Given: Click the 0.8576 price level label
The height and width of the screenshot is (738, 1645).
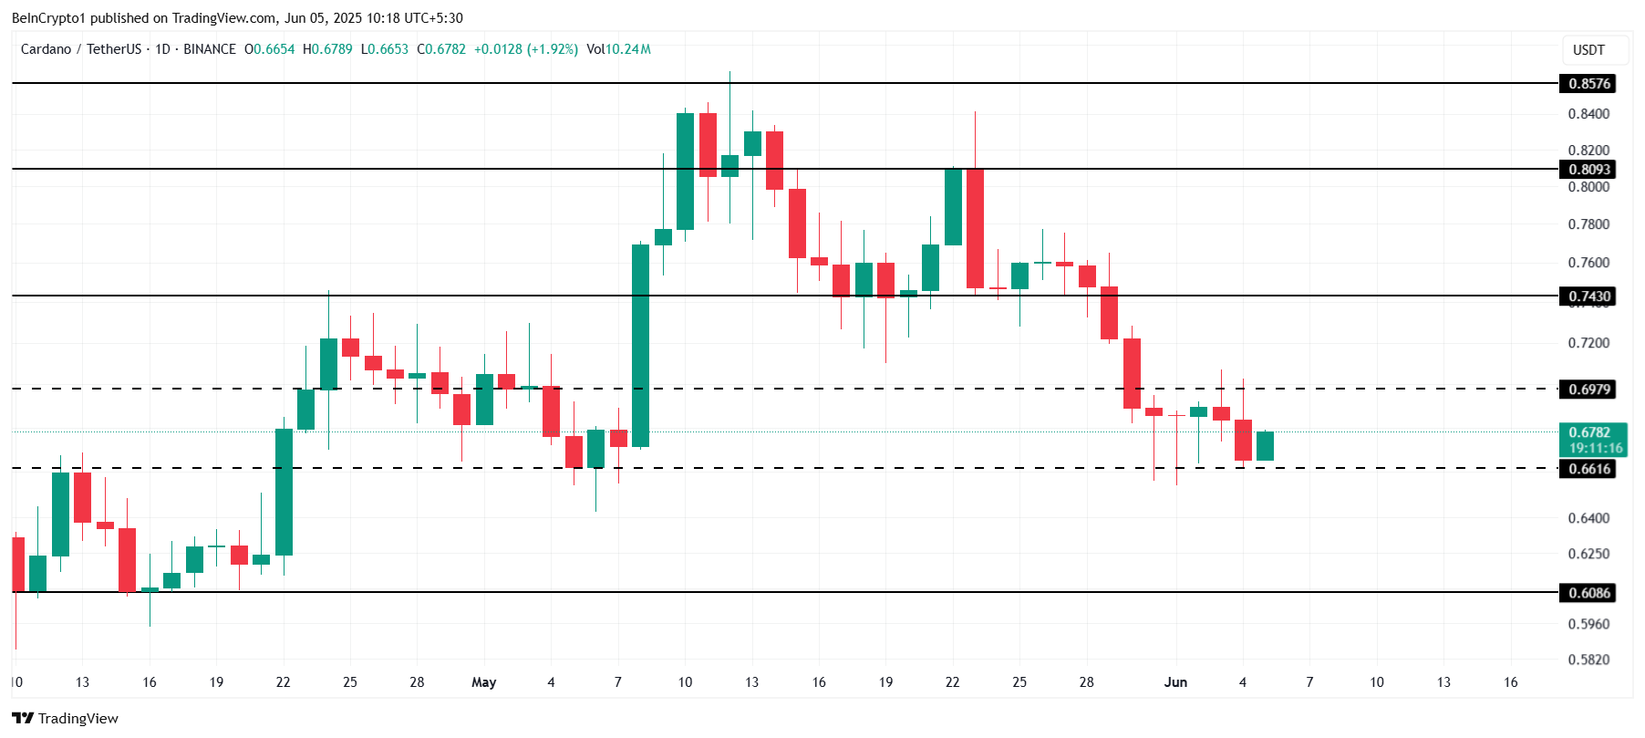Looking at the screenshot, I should [x=1589, y=84].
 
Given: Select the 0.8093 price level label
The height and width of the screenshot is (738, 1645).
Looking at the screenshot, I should [x=1589, y=170].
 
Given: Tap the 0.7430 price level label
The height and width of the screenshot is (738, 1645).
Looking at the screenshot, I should [x=1589, y=296].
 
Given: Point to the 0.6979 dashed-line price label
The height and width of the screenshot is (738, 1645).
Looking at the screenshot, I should [x=1589, y=390].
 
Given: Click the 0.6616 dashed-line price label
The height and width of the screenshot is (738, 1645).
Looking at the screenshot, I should [x=1589, y=469].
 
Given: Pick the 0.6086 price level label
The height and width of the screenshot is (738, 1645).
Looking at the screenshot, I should [x=1589, y=593].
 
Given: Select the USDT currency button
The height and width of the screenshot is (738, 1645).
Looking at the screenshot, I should [x=1588, y=50].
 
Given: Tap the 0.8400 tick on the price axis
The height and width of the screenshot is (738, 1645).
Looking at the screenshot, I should [x=1588, y=114].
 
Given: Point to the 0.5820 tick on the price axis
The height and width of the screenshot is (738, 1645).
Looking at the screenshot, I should [x=1588, y=660].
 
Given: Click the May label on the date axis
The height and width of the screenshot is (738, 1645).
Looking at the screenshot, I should [x=483, y=682].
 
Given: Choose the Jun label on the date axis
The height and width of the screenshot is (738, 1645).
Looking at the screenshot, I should [x=1175, y=682].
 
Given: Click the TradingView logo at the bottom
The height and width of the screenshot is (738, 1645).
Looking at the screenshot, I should [x=65, y=719].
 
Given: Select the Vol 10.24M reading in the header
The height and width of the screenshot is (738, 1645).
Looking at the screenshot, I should [x=618, y=49].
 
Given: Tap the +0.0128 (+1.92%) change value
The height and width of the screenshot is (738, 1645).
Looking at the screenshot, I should [x=526, y=49].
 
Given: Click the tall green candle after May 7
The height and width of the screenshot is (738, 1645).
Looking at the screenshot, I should [x=641, y=347].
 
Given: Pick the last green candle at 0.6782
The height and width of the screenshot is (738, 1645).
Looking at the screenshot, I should [x=1265, y=446].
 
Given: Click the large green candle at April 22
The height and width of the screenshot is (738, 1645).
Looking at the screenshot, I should [x=284, y=493].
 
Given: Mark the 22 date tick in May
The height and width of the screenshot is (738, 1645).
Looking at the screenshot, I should [x=952, y=682].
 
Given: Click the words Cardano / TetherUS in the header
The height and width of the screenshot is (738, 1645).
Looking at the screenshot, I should [x=81, y=49].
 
